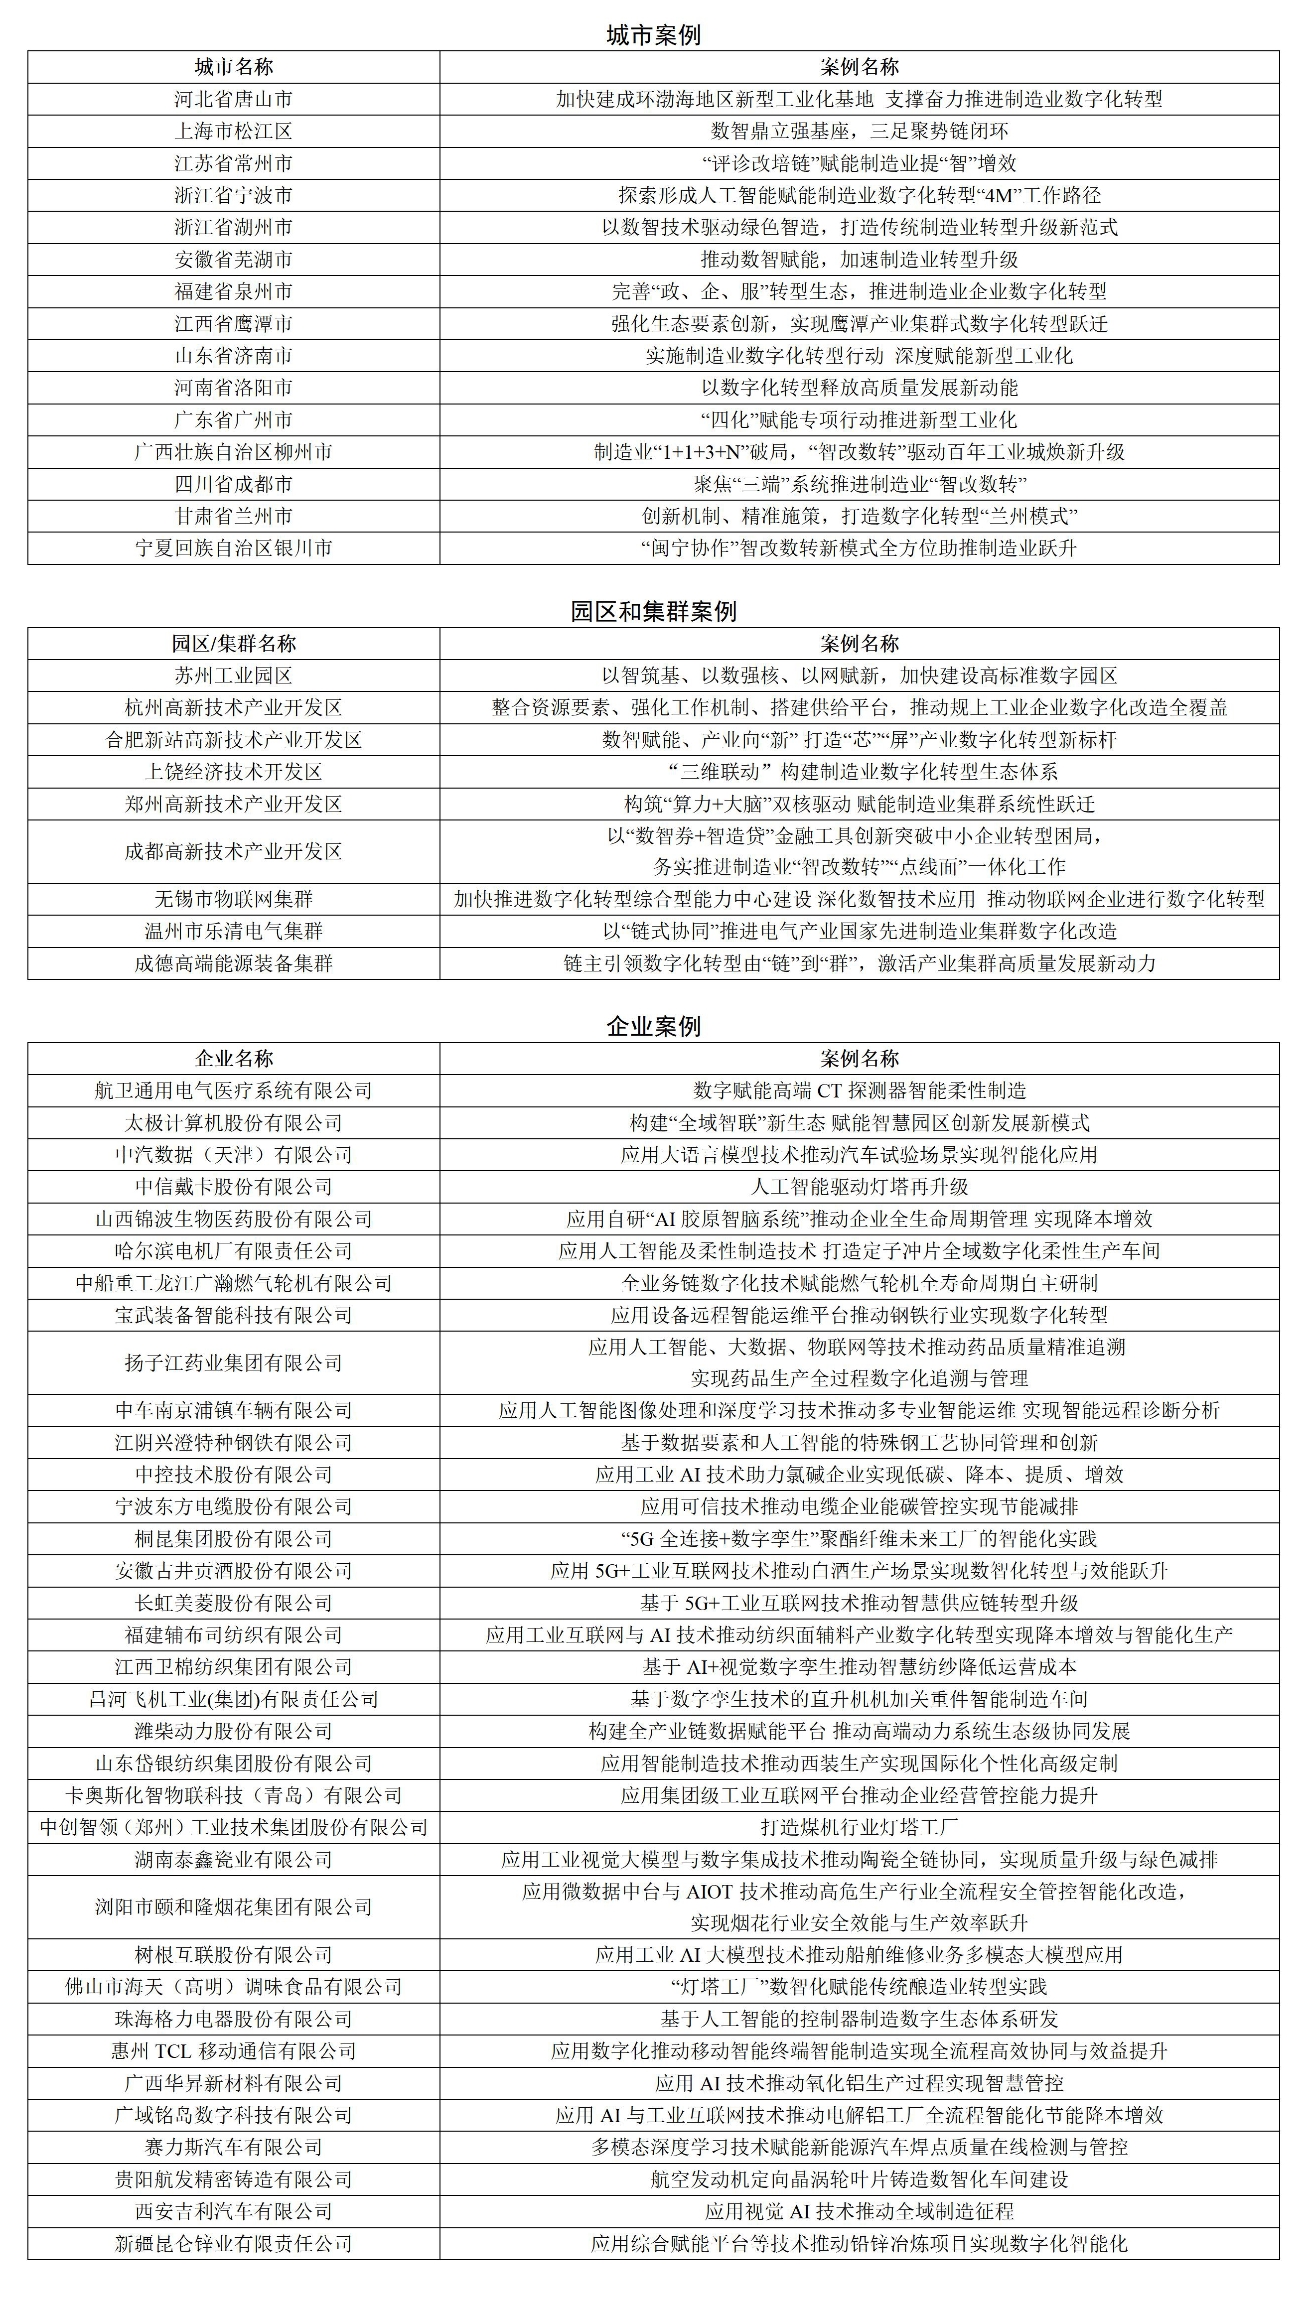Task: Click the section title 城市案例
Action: (654, 35)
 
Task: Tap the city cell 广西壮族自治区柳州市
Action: (234, 452)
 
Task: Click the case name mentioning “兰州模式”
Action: (860, 517)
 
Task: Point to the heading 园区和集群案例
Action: (654, 612)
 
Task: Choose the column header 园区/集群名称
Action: (234, 644)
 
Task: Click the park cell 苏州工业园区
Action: (234, 676)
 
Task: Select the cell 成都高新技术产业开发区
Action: (234, 851)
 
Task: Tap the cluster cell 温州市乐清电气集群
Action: (234, 931)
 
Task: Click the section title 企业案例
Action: (654, 1026)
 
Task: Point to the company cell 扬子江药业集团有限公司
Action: (234, 1362)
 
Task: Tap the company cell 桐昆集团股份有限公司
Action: (234, 1539)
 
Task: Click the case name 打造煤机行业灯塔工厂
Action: (860, 1827)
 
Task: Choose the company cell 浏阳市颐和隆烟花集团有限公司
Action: (234, 1907)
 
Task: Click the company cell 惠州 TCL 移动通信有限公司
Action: (234, 2051)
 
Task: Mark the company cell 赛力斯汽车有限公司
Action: (234, 2147)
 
